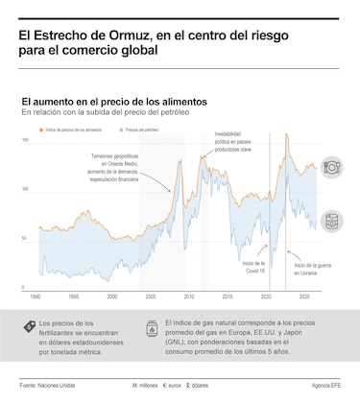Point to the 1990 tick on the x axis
[x=36, y=296]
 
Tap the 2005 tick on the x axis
[x=151, y=296]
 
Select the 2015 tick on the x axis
[x=228, y=296]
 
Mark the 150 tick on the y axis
[x=25, y=140]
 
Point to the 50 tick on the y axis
[x=26, y=238]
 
